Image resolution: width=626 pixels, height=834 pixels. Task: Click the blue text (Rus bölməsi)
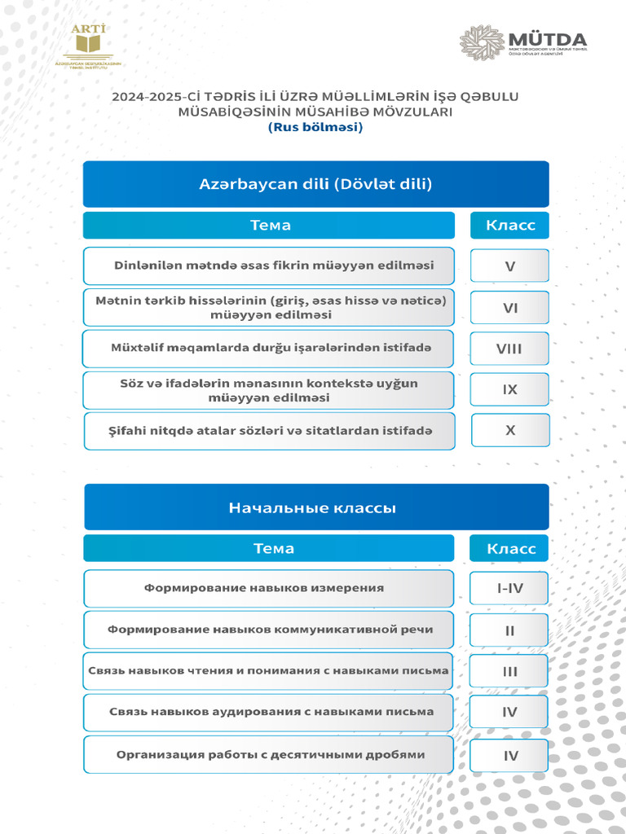[315, 127]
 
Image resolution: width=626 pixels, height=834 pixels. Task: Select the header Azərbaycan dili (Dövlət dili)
[315, 184]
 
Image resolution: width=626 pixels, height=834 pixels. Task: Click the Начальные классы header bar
[315, 507]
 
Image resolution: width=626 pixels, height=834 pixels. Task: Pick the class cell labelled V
[509, 266]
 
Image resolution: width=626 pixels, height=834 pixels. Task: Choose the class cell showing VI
[509, 308]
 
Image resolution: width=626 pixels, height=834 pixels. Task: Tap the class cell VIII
[509, 349]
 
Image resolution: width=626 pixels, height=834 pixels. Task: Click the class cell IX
[509, 390]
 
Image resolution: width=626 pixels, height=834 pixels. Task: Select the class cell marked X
[510, 431]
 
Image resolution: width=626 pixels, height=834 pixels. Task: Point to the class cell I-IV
[509, 588]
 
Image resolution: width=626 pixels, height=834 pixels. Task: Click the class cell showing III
[509, 672]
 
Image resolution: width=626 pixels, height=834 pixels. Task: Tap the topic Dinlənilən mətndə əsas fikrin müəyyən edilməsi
[269, 266]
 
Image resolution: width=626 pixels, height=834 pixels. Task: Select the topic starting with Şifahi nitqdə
[269, 431]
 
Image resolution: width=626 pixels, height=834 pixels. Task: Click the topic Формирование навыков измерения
[268, 587]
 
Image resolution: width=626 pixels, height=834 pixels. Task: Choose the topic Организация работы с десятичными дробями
[268, 754]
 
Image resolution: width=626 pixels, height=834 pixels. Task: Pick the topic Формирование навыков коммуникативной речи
[268, 630]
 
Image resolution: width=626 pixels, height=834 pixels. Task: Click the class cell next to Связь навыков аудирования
[509, 713]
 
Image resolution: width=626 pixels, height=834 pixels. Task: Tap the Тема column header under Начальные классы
[268, 548]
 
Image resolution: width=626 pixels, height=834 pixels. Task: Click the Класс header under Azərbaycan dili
[509, 226]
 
